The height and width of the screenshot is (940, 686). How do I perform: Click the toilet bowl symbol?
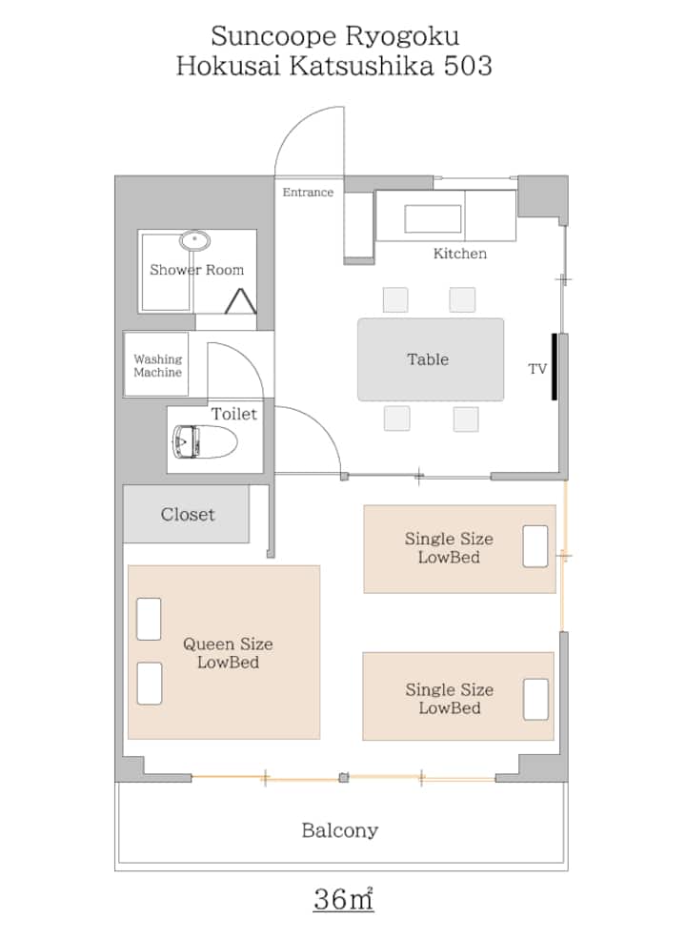point(204,441)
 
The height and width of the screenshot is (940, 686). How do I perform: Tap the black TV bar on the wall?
point(555,366)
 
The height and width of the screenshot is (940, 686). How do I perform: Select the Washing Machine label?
point(157,366)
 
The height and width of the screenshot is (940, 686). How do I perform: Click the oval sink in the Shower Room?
point(194,241)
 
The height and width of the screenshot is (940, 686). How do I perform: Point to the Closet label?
point(188,515)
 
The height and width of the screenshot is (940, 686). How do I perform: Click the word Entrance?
point(308,193)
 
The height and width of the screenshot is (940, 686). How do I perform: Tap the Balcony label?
point(340,830)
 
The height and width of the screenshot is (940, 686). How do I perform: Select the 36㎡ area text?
point(343,898)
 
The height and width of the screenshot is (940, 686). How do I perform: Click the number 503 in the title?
point(467,66)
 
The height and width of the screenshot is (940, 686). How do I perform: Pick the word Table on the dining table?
point(428,359)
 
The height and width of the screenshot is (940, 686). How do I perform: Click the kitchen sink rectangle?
point(433,219)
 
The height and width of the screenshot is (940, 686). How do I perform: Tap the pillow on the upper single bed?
point(535,546)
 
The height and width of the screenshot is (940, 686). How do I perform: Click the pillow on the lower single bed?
point(535,699)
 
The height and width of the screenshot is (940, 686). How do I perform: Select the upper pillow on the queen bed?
point(150,619)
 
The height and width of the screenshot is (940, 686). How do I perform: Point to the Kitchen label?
point(460,254)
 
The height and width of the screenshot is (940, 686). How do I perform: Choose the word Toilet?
point(233,414)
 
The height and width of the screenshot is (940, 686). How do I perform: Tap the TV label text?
point(537,369)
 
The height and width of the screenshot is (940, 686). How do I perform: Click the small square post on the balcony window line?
point(343,778)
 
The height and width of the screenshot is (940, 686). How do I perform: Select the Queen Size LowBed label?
point(228,653)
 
